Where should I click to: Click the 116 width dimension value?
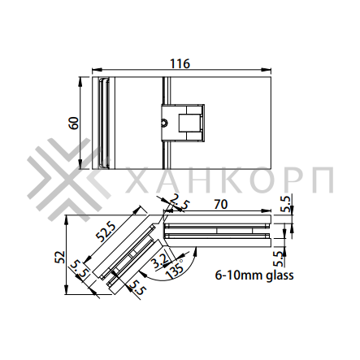(180, 63)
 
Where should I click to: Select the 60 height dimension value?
(74, 123)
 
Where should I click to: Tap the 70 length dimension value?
(221, 205)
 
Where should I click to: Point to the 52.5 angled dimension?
(106, 232)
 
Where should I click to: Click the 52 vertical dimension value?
(60, 257)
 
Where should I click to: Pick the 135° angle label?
(175, 269)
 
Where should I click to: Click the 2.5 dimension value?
(180, 202)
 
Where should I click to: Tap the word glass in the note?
(280, 275)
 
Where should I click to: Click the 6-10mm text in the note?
(239, 275)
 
